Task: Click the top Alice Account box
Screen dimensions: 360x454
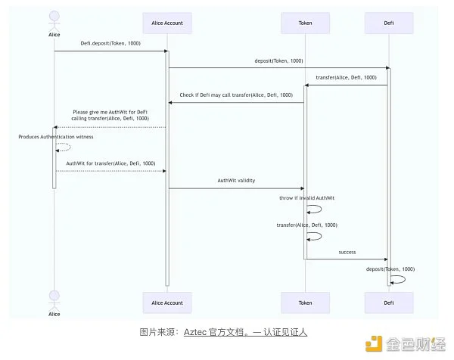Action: click(167, 23)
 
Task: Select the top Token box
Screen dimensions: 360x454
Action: click(305, 23)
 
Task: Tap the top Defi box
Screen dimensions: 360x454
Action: click(389, 23)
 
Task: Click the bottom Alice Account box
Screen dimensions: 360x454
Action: click(167, 302)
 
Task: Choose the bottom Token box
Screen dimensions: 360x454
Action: click(305, 302)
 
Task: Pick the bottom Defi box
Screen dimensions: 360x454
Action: click(389, 302)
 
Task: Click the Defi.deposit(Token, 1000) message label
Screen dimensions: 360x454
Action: click(111, 44)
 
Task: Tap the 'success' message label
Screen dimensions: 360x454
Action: click(347, 252)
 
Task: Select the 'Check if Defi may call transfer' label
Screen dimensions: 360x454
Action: click(236, 95)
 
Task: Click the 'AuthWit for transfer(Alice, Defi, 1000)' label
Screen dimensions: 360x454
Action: click(110, 163)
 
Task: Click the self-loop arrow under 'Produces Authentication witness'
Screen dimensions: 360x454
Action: click(64, 148)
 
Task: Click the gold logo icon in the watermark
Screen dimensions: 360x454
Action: click(373, 343)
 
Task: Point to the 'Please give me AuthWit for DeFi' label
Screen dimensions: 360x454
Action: click(110, 112)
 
